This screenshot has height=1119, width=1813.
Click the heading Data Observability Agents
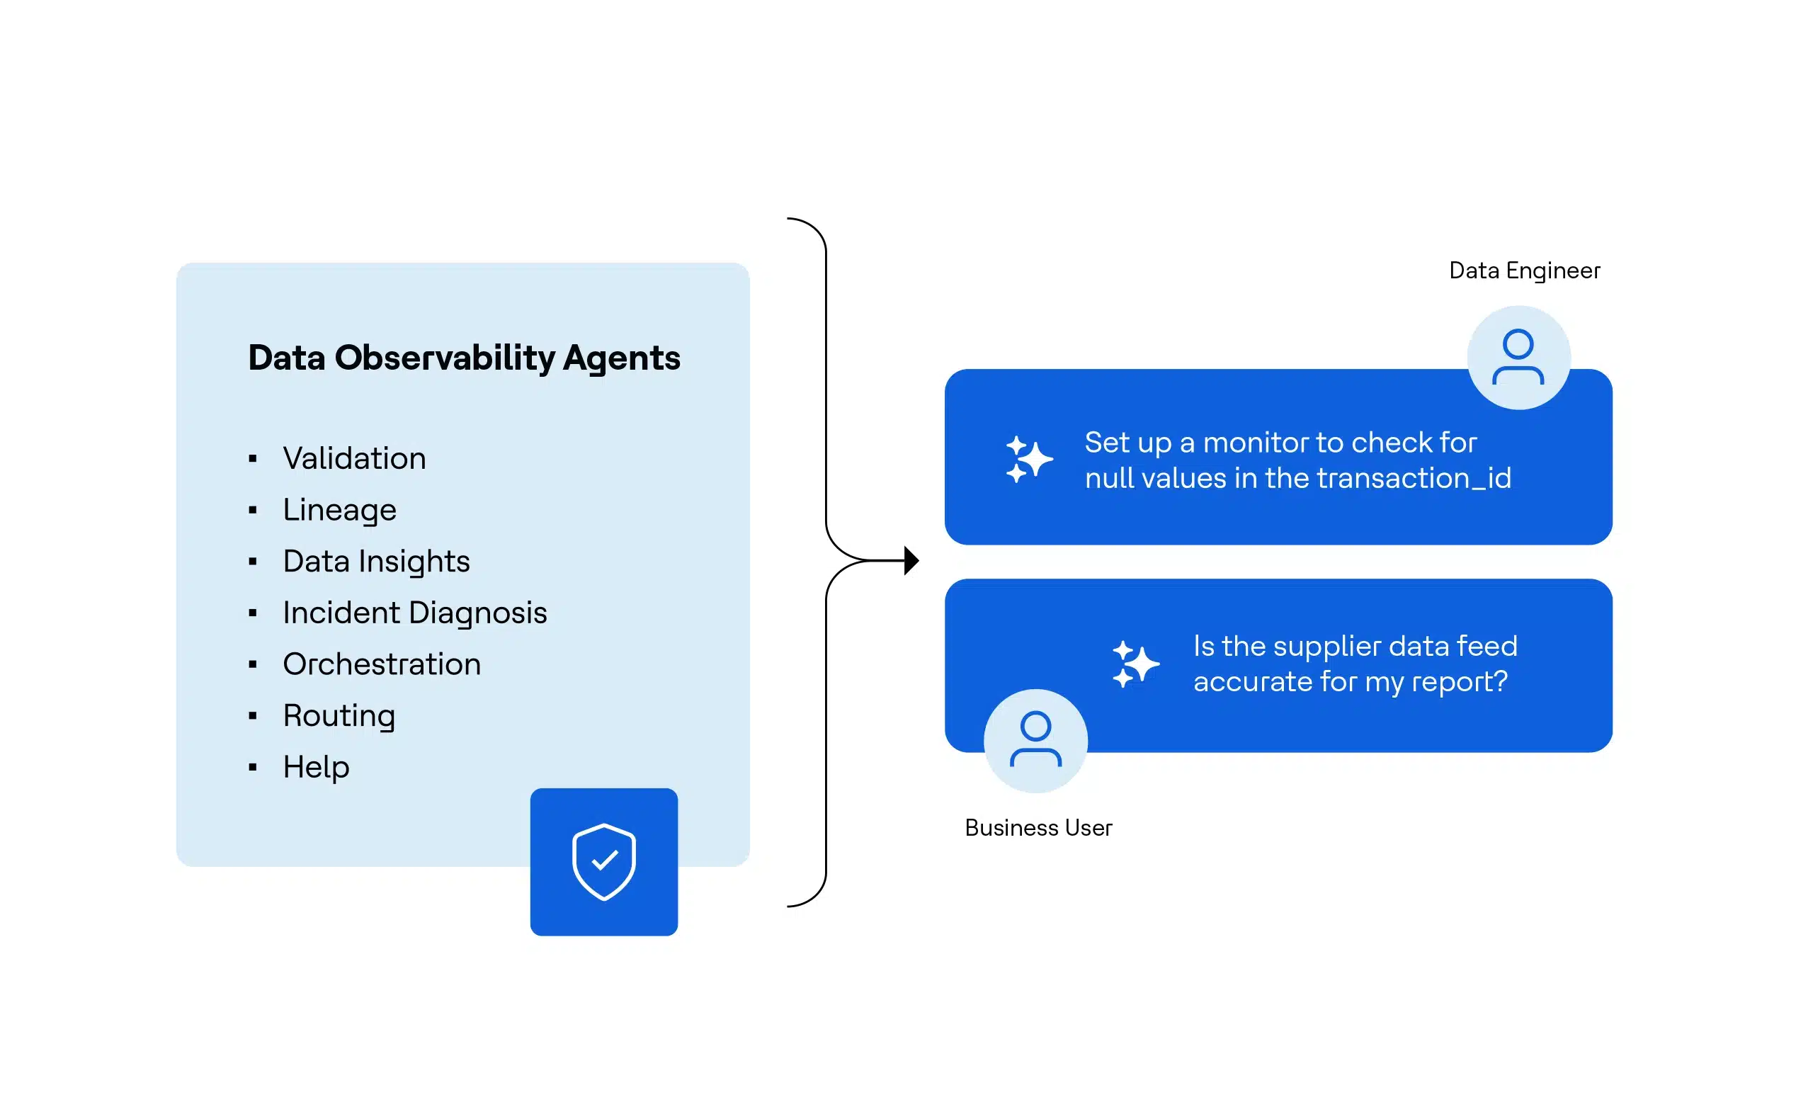tap(463, 358)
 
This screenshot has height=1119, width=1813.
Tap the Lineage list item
tap(339, 510)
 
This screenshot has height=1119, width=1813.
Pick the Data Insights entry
tap(376, 561)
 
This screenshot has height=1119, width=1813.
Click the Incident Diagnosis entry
tap(414, 613)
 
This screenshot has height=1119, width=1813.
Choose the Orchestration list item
tap(382, 664)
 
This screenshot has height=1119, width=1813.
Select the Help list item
tap(316, 767)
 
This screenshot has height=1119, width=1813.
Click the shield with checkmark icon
tap(604, 861)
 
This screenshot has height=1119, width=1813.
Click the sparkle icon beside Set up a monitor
tap(1028, 459)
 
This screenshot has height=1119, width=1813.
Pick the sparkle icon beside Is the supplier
tap(1135, 664)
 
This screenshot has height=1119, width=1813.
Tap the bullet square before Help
tap(253, 768)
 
